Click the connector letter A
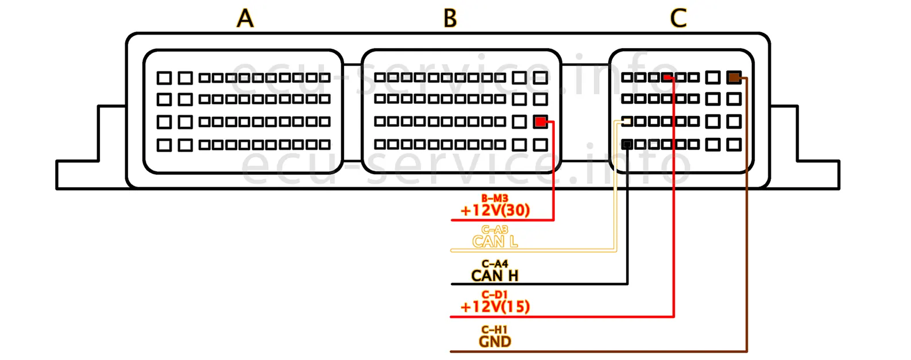tap(245, 18)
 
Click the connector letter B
tap(450, 18)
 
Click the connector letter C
tap(678, 18)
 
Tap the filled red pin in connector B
tap(540, 122)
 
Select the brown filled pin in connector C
tap(734, 77)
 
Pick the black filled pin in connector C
tap(627, 144)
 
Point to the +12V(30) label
tap(495, 210)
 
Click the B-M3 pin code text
tap(495, 199)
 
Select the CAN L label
tap(495, 242)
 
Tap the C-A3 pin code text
tap(495, 230)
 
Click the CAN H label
tap(495, 276)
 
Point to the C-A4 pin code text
tap(495, 264)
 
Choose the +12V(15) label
tap(495, 307)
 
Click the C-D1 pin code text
tap(495, 295)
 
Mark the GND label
tap(495, 342)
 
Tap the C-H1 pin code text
tap(495, 330)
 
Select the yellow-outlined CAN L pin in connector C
tap(627, 122)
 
